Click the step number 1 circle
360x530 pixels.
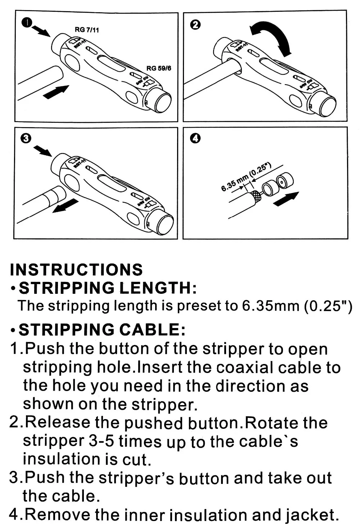tap(27, 23)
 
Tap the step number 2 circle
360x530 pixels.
tap(195, 24)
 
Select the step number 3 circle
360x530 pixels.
tap(26, 138)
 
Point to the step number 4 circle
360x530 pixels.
tap(195, 138)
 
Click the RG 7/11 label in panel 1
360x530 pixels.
tap(87, 30)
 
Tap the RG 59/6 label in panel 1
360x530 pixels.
tap(159, 68)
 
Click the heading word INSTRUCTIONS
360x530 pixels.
tap(76, 269)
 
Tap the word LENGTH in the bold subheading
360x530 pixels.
tap(158, 288)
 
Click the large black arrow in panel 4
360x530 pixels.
tap(286, 199)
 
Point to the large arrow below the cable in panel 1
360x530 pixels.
tap(56, 92)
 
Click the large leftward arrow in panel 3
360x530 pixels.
tap(65, 205)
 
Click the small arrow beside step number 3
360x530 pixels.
tap(43, 151)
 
